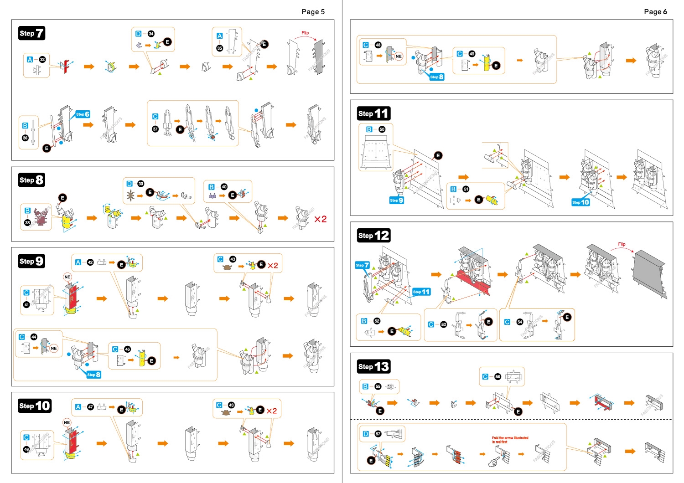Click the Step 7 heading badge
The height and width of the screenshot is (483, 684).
point(31,33)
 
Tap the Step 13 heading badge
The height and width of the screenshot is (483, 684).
point(373,366)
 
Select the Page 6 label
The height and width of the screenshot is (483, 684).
point(655,12)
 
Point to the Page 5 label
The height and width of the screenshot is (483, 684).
point(313,12)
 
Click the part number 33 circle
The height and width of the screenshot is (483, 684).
point(42,59)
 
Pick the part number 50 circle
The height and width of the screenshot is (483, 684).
point(382,129)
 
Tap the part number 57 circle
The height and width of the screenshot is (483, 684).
point(378,434)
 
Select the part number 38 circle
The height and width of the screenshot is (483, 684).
point(27,222)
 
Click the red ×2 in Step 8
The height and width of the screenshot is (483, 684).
point(320,219)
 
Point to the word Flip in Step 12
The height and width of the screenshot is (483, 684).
point(622,244)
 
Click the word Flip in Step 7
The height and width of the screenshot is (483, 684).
point(305,33)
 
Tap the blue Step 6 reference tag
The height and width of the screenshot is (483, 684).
point(83,114)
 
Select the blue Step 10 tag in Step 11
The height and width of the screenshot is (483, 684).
point(580,202)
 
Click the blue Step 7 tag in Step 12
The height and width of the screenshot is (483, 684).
point(362,265)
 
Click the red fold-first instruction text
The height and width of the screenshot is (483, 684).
point(510,440)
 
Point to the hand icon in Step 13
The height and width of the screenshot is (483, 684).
point(493,462)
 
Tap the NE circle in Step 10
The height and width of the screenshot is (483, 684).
point(67,422)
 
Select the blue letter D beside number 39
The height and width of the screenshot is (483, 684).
point(130,184)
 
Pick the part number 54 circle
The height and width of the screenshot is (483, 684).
point(519,322)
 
